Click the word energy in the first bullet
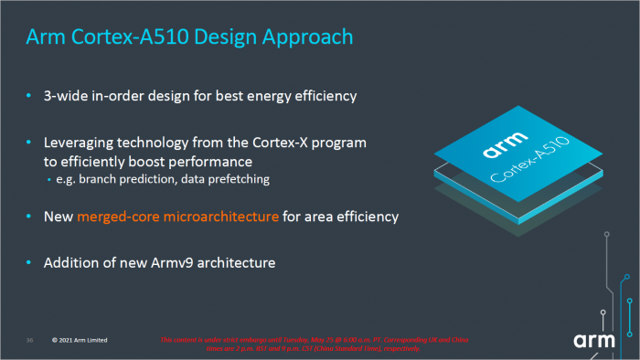point(258,96)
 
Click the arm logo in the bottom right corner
point(598,340)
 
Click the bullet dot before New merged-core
point(30,217)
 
